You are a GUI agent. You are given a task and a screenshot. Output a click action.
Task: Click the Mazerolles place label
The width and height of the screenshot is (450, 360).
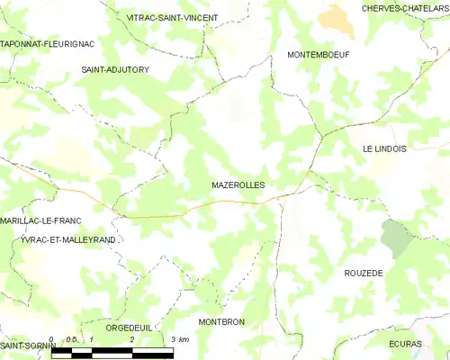238,184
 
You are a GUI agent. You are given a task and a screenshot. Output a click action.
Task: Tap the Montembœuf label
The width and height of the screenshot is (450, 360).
318,55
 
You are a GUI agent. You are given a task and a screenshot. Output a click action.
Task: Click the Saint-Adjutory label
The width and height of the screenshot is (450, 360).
115,69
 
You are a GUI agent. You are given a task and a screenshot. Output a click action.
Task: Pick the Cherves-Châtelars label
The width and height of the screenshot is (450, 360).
405,8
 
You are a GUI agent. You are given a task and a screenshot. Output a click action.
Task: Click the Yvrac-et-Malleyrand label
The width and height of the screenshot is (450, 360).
68,240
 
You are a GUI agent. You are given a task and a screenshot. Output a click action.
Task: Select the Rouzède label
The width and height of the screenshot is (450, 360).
364,272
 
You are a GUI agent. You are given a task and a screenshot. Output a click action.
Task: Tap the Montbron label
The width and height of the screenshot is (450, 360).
221,321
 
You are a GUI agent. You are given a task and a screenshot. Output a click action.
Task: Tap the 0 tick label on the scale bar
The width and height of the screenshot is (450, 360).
51,339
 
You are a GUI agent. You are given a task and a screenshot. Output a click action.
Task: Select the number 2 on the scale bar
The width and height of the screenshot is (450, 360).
132,339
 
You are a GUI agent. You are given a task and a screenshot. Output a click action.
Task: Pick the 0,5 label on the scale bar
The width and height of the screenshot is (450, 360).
71,339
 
